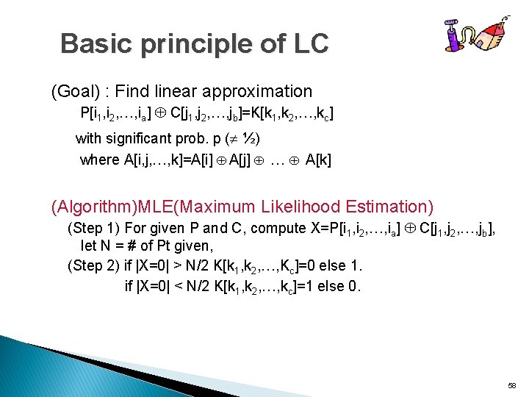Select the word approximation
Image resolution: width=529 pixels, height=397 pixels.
267,92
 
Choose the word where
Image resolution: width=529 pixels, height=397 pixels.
99,160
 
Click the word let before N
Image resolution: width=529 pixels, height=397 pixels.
88,245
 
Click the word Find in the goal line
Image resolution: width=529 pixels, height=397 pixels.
132,92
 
